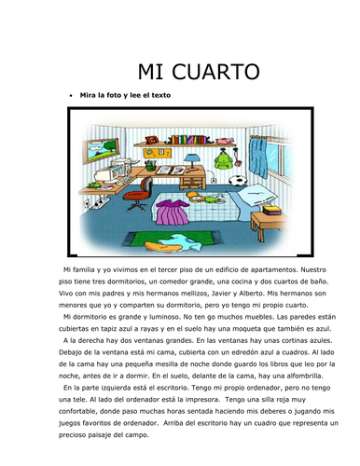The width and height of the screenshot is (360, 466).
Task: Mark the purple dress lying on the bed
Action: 171,217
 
